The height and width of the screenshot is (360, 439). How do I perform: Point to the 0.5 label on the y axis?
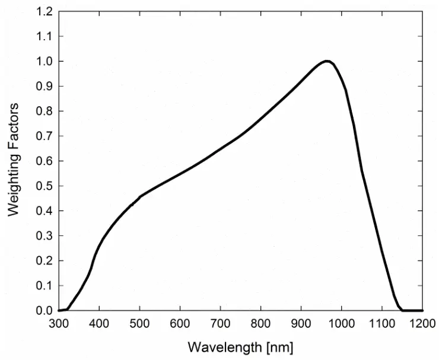[x=44, y=186]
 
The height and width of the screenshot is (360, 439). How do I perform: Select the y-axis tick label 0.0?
[x=44, y=311]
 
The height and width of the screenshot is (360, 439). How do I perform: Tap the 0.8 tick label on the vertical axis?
[x=44, y=111]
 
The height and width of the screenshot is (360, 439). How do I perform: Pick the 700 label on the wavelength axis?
[x=220, y=324]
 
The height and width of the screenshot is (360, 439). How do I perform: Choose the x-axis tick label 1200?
[x=422, y=324]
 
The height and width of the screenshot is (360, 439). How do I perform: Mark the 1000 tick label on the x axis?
[x=341, y=324]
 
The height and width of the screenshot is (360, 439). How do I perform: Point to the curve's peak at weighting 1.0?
[x=327, y=61]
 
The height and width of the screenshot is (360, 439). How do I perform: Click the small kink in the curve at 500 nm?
[x=140, y=196]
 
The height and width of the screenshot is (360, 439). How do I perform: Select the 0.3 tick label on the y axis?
[x=44, y=236]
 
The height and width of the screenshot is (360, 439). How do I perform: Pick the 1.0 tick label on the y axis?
[x=44, y=62]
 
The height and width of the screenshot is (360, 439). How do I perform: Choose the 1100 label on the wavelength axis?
[x=381, y=324]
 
